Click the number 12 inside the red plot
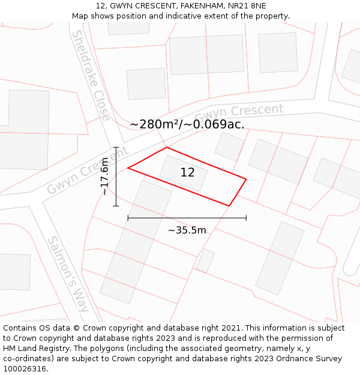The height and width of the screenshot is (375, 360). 187,173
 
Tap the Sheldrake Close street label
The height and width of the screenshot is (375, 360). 91,75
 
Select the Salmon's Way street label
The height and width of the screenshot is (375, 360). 68,274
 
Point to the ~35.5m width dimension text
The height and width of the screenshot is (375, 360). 187,230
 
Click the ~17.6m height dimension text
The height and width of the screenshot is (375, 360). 105,176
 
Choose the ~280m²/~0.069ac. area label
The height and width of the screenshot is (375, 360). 187,124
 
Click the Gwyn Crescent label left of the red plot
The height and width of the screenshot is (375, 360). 88,170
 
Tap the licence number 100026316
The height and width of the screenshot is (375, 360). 25,369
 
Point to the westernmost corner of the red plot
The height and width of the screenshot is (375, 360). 128,168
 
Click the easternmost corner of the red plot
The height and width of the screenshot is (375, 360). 246,178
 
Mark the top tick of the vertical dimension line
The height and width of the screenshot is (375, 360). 116,147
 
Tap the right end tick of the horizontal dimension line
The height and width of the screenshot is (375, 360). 246,218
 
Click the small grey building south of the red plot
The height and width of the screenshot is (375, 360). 205,260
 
